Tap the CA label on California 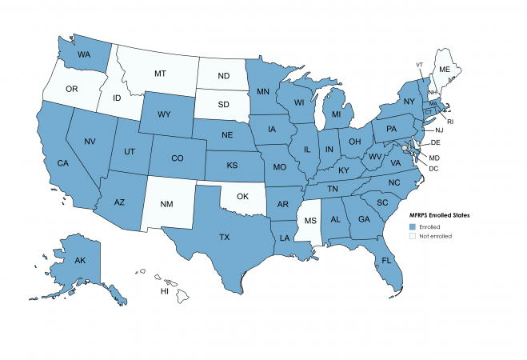[61, 163]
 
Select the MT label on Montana [159, 74]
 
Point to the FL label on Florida [386, 261]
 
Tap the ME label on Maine [444, 70]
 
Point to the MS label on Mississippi [310, 218]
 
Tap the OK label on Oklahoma [241, 195]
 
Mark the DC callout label [433, 168]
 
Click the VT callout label [419, 64]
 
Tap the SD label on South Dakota [227, 104]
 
